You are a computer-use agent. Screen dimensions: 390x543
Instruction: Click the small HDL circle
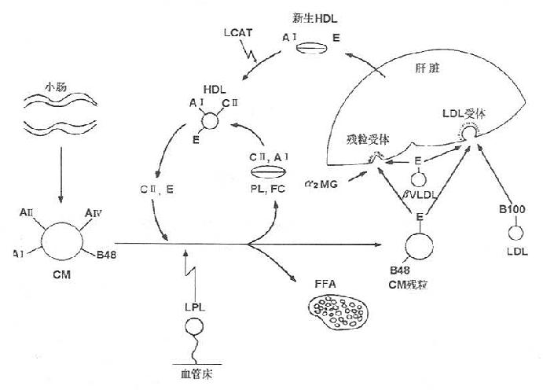[x=211, y=120]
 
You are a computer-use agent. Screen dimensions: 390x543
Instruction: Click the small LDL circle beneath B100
[x=515, y=233]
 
